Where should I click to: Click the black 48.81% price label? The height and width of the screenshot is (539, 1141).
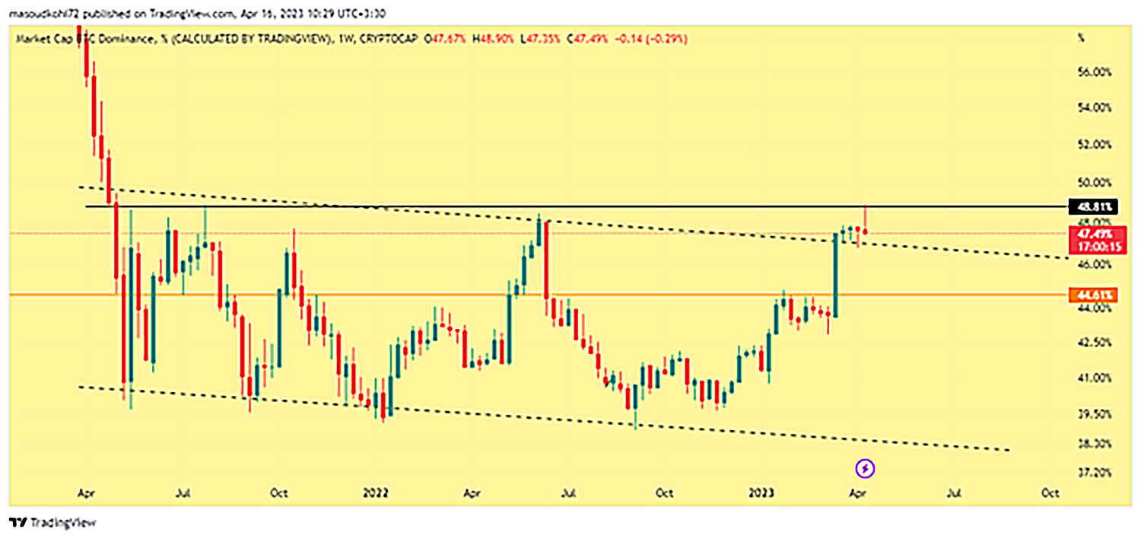(1095, 206)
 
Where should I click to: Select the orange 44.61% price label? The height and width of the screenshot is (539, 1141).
(1095, 295)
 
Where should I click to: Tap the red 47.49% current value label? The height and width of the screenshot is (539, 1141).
(1095, 234)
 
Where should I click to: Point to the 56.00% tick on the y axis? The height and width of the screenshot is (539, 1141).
(1095, 72)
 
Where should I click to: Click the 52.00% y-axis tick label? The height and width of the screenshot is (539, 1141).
(1095, 145)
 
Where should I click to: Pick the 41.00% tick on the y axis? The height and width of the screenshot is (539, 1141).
(1095, 378)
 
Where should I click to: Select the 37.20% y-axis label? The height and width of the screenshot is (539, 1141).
(1095, 473)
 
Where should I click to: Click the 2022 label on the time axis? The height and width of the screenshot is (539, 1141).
(376, 493)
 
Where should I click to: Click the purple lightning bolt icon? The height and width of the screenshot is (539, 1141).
(866, 468)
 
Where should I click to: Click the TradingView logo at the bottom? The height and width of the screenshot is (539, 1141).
(53, 523)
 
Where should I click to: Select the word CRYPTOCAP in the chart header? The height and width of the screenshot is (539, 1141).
(387, 38)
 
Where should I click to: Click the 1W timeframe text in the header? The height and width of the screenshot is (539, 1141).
(344, 38)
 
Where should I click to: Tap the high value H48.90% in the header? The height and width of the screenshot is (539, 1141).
(491, 38)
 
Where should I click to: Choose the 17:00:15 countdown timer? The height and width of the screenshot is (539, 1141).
(1095, 246)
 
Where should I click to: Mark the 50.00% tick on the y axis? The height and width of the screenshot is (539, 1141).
(1095, 183)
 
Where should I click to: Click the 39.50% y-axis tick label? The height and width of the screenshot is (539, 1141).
(1095, 415)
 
